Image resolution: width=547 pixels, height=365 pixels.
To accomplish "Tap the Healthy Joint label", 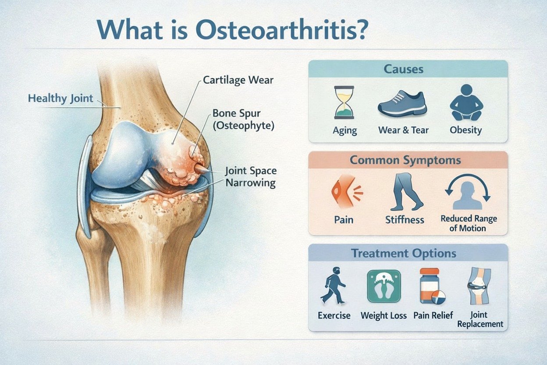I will [x=60, y=98].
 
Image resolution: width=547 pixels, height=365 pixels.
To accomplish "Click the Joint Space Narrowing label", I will [x=251, y=176].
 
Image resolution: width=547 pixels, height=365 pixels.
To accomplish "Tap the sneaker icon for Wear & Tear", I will [x=402, y=104].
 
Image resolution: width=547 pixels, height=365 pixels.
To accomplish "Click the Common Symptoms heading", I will [x=405, y=160].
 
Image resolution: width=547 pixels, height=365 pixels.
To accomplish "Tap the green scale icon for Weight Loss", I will [x=384, y=286].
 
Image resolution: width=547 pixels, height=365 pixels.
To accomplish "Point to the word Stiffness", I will [x=405, y=219].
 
